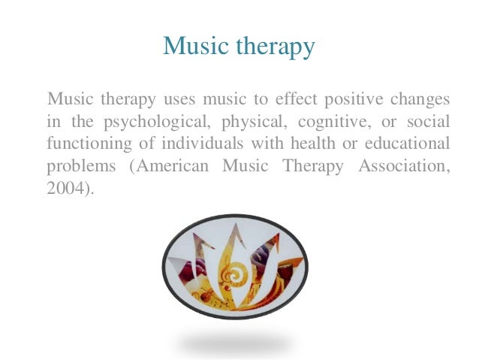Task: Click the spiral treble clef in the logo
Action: [235, 275]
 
